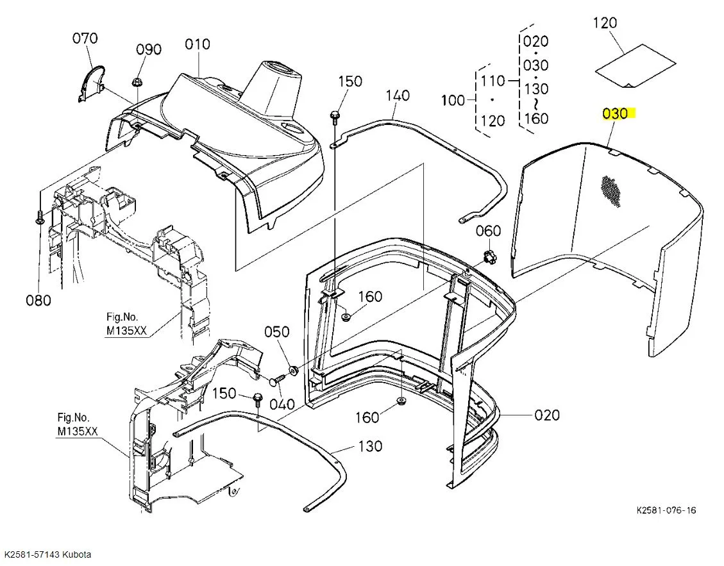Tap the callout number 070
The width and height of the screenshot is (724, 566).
[x=85, y=38]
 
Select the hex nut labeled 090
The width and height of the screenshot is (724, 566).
[x=137, y=83]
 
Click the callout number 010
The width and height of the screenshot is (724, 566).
[x=198, y=44]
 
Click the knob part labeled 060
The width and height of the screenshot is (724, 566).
[x=489, y=256]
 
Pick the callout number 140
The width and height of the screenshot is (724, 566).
[x=398, y=96]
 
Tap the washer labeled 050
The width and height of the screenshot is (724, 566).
[x=292, y=370]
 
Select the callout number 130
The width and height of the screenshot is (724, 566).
[x=370, y=446]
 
